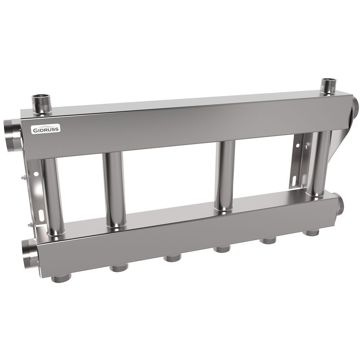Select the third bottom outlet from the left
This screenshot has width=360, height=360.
coord(171,258)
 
